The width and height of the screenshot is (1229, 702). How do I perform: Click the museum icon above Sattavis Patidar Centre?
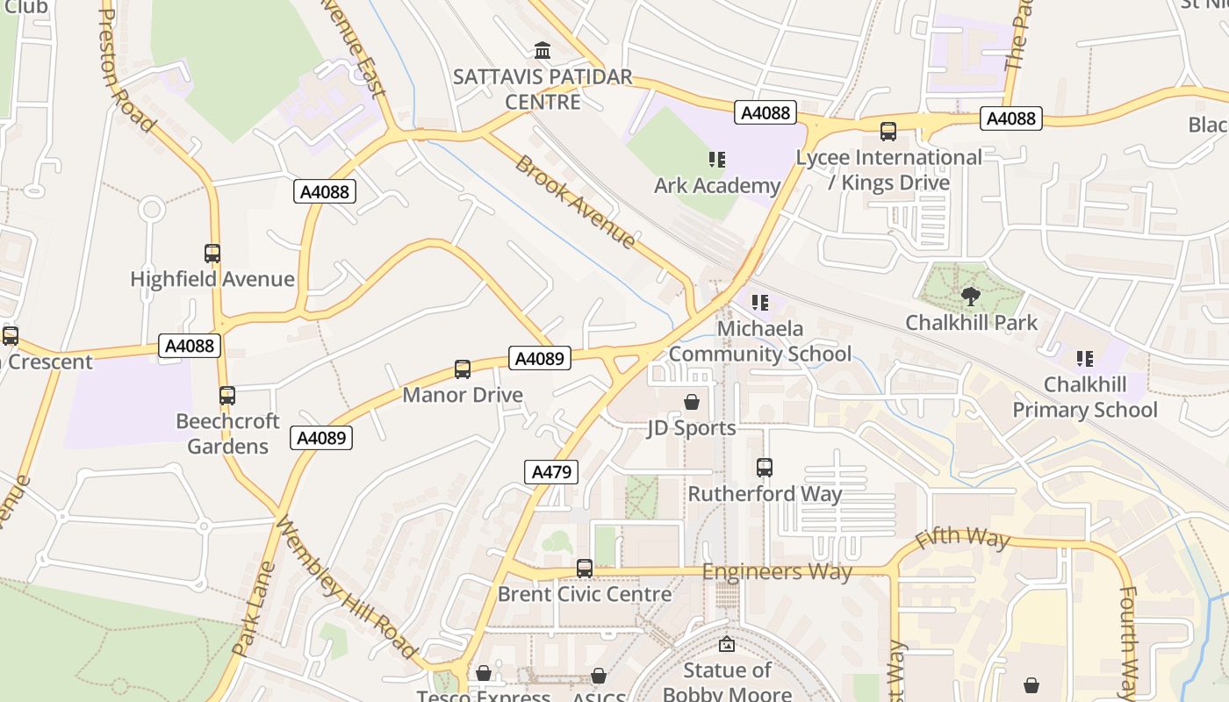click(543, 51)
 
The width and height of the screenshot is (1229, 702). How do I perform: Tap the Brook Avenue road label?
click(575, 201)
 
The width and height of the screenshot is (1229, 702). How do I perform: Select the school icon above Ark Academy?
click(717, 160)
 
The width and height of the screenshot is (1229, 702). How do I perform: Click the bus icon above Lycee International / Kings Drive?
click(888, 132)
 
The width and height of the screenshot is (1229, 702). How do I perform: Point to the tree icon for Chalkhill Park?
click(970, 296)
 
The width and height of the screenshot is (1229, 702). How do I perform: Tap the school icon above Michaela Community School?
click(760, 303)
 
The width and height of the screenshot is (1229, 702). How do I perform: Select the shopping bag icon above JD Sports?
click(692, 402)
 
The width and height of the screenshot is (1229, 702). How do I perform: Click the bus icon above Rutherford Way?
click(765, 468)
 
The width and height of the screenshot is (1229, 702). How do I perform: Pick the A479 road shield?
click(552, 472)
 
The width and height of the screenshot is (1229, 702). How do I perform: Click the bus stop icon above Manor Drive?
click(463, 369)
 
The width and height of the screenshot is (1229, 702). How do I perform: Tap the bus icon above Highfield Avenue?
click(212, 254)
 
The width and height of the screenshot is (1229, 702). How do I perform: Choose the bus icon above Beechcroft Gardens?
click(227, 396)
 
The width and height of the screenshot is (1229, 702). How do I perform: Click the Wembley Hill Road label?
click(347, 587)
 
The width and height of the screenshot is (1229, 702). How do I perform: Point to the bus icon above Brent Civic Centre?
click(585, 569)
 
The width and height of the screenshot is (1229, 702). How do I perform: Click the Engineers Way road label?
click(777, 572)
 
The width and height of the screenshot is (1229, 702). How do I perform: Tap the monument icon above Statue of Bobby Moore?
click(727, 645)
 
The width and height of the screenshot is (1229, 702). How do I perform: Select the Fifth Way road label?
click(962, 537)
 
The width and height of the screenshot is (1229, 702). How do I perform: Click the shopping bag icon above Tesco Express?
click(483, 674)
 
